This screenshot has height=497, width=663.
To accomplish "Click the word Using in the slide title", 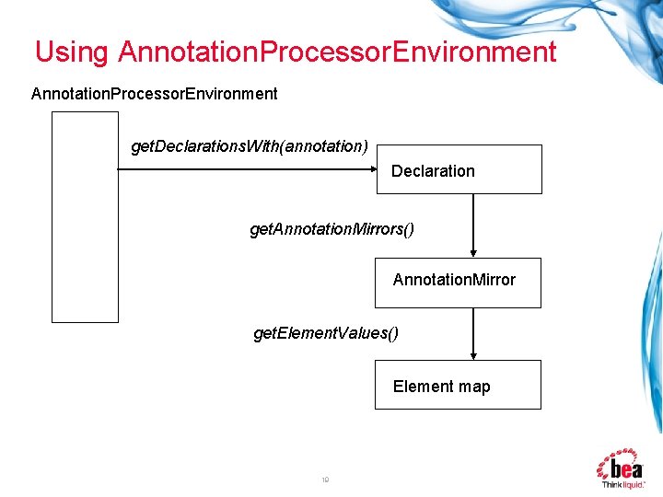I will pyautogui.click(x=71, y=52).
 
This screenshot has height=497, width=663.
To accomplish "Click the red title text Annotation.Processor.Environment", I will pyautogui.click(x=337, y=52).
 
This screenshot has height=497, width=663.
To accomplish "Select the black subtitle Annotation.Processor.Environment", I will pyautogui.click(x=155, y=94).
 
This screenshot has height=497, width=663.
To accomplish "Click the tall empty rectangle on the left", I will pyautogui.click(x=85, y=217).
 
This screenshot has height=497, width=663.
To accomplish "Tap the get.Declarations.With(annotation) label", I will pyautogui.click(x=250, y=146).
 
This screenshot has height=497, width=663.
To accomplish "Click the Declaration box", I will pyautogui.click(x=459, y=169).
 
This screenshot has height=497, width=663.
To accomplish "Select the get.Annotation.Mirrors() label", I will pyautogui.click(x=331, y=228).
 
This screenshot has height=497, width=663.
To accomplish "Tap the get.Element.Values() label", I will pyautogui.click(x=326, y=332).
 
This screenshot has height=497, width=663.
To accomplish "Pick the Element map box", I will pyautogui.click(x=459, y=385).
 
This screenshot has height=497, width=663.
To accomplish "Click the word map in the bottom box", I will pyautogui.click(x=475, y=387).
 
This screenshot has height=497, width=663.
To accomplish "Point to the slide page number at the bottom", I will pyautogui.click(x=325, y=480).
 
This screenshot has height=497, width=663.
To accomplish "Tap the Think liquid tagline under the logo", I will pyautogui.click(x=623, y=483).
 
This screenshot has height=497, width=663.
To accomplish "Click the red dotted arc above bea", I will pyautogui.click(x=619, y=452).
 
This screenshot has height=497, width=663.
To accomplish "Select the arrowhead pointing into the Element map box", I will pyautogui.click(x=473, y=354).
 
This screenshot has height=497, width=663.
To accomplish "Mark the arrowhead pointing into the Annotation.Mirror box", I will pyautogui.click(x=473, y=252).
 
